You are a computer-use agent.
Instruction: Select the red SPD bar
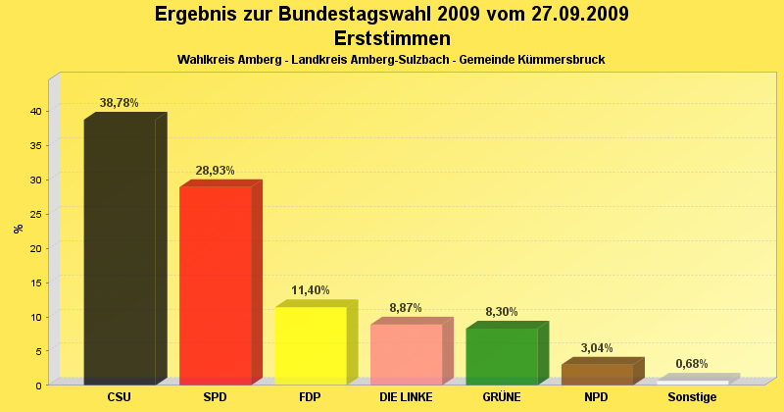216,285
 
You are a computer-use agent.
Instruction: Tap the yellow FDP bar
311,345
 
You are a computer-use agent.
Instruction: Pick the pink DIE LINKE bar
406,354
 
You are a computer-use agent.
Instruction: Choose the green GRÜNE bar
502,356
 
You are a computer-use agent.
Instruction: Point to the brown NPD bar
597,375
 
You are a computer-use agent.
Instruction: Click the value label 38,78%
120,102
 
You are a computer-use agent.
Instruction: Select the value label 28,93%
216,170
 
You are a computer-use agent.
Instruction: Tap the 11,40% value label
311,290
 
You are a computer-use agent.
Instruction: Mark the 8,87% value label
406,308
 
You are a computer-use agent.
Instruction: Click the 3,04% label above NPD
597,347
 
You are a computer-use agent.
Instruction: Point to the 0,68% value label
692,364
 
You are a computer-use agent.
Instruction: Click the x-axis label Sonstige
692,397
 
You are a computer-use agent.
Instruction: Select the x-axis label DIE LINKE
406,397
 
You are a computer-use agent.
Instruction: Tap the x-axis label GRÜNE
501,397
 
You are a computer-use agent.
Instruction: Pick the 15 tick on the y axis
34,283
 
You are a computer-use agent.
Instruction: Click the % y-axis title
18,229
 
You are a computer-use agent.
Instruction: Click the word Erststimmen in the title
392,38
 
